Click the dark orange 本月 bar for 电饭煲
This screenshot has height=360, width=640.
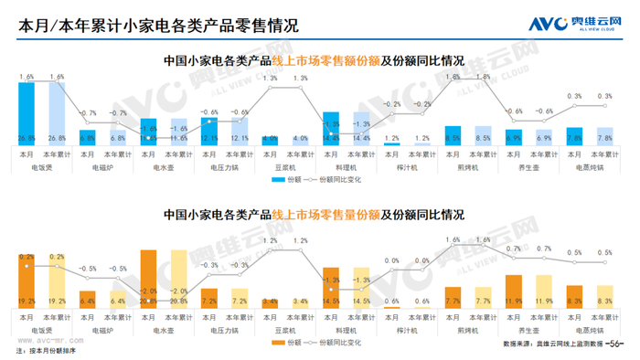(27, 280)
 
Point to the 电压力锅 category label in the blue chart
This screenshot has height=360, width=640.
(226, 167)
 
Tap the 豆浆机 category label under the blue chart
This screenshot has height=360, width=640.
(286, 167)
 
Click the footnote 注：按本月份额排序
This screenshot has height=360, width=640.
(46, 351)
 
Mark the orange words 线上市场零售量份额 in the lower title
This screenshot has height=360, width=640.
(324, 216)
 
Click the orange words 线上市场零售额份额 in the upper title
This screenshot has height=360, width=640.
(324, 61)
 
